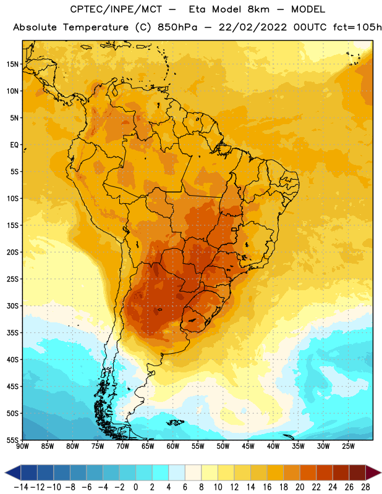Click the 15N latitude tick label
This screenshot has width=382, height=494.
(x=12, y=64)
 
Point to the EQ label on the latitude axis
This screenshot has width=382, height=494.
(x=14, y=145)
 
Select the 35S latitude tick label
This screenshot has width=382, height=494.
(x=12, y=333)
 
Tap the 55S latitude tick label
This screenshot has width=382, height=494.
(x=12, y=440)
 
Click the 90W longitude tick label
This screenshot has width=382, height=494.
(x=22, y=446)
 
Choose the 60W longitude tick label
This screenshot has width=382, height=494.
(x=173, y=446)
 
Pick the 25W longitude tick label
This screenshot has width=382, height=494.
(x=348, y=446)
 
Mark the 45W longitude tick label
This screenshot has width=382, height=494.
(x=248, y=446)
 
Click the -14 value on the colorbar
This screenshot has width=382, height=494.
(x=21, y=487)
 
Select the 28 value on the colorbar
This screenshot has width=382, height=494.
(x=365, y=487)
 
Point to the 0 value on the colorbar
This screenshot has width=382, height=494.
(x=135, y=487)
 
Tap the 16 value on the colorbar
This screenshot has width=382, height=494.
(x=267, y=487)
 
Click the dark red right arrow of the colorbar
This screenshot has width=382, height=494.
(x=374, y=472)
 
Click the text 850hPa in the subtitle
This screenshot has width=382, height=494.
(x=177, y=27)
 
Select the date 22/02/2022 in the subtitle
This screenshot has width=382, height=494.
(x=253, y=27)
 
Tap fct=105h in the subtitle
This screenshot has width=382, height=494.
(x=357, y=27)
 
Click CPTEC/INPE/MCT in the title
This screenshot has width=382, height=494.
(x=116, y=9)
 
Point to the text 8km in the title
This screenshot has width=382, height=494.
(x=258, y=9)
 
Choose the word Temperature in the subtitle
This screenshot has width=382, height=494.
(x=96, y=28)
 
